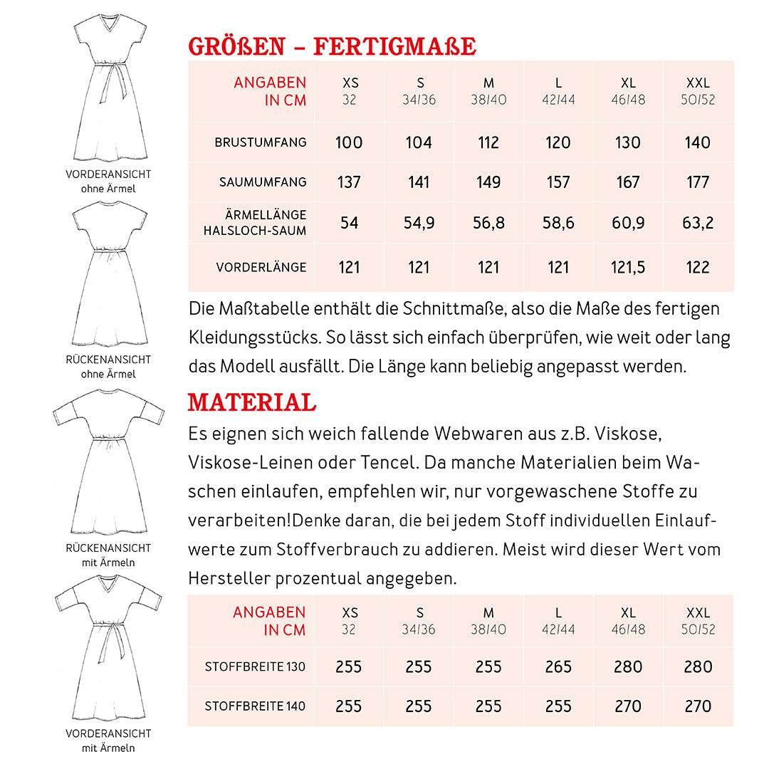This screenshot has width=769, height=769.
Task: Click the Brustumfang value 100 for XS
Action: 349,142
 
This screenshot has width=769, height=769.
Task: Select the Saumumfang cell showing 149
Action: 488,182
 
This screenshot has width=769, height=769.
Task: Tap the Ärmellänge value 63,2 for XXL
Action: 697,223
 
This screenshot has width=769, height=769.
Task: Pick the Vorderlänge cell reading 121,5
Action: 628,267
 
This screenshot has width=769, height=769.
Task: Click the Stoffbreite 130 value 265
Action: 558,667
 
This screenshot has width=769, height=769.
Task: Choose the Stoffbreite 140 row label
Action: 255,706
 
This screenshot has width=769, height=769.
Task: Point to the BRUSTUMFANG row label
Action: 261,142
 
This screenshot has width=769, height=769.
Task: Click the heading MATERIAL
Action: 251,403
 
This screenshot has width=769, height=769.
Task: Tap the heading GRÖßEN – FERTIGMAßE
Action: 332,46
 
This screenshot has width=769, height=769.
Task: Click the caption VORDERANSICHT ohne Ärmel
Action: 108,181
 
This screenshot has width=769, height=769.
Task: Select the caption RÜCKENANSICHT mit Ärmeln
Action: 108,555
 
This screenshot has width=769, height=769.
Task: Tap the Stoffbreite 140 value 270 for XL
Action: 628,706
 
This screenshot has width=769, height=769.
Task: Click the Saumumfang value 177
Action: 697,182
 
